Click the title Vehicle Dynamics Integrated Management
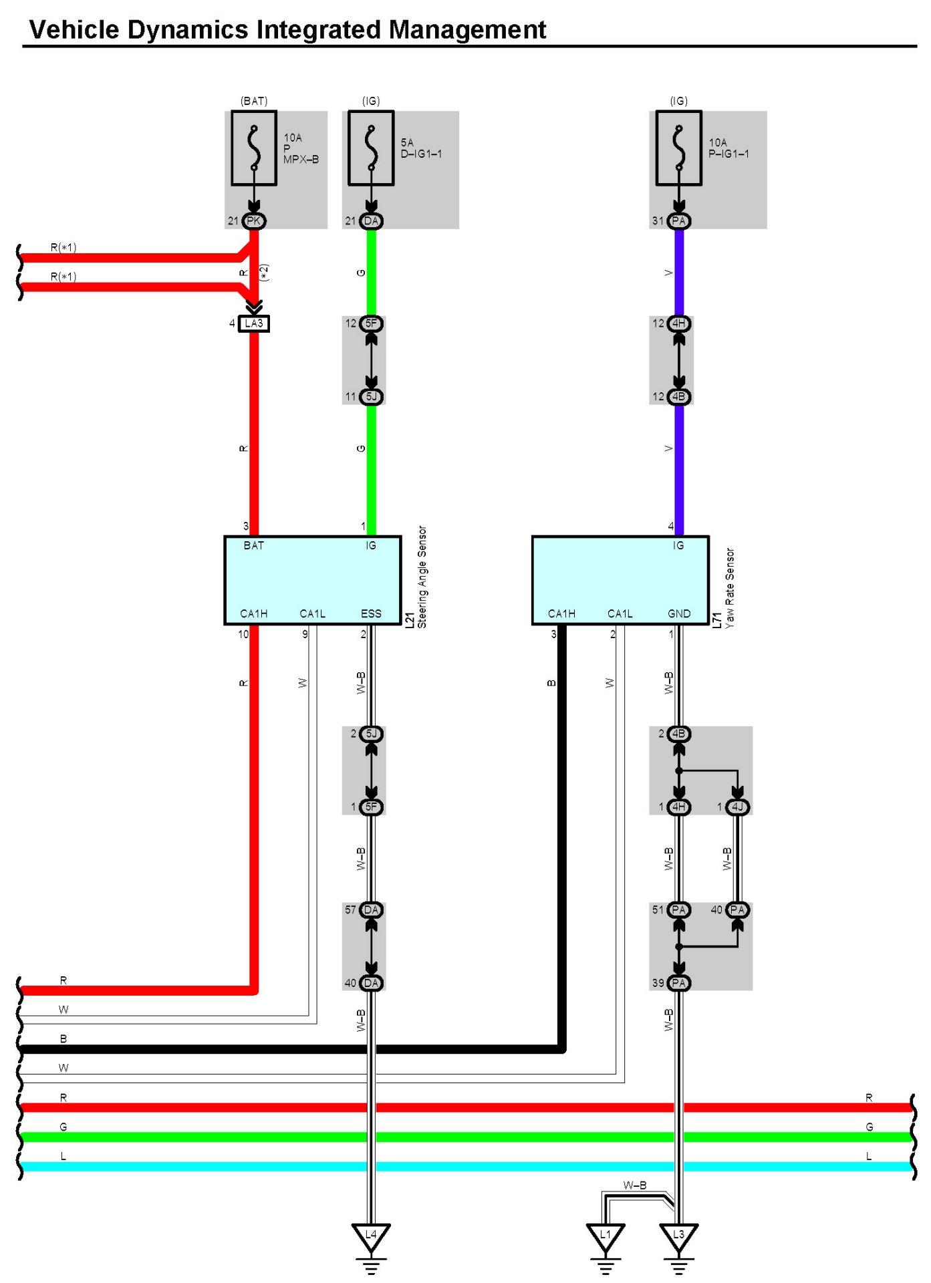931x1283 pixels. (x=287, y=30)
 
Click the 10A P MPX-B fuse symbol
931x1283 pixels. (x=254, y=148)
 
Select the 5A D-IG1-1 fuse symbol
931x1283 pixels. (x=371, y=148)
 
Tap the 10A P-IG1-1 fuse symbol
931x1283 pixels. (x=678, y=148)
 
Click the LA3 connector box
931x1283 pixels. (x=254, y=323)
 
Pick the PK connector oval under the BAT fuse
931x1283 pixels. (x=254, y=221)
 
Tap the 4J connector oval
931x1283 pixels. (x=737, y=807)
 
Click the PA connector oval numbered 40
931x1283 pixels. (x=737, y=910)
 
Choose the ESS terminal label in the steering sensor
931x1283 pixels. (x=371, y=613)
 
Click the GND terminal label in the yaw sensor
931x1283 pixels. (x=679, y=613)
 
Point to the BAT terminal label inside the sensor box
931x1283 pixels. (x=254, y=545)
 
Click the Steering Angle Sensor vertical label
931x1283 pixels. (x=422, y=577)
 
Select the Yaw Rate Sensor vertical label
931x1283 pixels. (x=730, y=588)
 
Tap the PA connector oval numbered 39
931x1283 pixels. (x=678, y=983)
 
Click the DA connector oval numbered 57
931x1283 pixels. (x=371, y=910)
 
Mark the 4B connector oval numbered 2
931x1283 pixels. (x=678, y=734)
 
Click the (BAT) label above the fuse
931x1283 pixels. (x=254, y=101)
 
